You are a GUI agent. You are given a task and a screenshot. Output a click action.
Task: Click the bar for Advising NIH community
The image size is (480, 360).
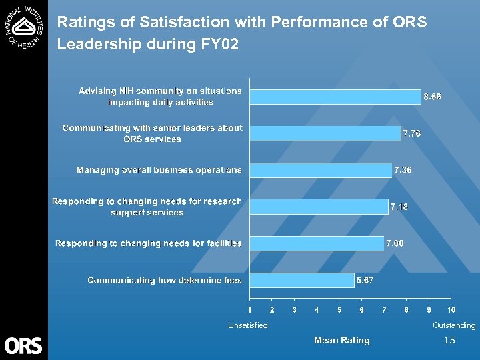(x=335, y=97)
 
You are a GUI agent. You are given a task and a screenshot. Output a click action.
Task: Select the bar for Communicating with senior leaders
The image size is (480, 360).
(x=325, y=133)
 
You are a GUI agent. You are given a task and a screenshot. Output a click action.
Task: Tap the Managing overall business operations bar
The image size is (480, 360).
(x=321, y=170)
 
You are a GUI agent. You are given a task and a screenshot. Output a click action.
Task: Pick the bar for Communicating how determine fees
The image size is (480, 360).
(x=302, y=280)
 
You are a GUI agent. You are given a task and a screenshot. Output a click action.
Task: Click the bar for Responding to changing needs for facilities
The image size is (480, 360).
(x=317, y=243)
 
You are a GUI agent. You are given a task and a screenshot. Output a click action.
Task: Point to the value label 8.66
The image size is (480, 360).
(x=432, y=97)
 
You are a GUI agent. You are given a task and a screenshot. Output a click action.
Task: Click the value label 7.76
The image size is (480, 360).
(x=411, y=133)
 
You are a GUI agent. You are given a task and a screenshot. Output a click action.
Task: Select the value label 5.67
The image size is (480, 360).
(x=365, y=280)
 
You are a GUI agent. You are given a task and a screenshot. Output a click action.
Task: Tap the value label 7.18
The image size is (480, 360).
(x=399, y=207)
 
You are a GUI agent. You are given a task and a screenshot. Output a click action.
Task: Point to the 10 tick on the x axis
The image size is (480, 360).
(x=451, y=310)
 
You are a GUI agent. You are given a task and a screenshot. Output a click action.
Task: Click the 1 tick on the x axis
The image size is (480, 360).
(x=250, y=310)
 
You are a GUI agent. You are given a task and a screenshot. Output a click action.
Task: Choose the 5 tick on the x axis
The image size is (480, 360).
(x=339, y=310)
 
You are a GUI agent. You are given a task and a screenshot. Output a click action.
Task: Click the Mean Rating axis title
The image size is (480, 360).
(x=341, y=340)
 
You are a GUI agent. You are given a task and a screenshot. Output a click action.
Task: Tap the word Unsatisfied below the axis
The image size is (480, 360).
(x=247, y=325)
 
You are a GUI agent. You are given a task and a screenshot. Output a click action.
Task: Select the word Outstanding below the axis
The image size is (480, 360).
(x=454, y=325)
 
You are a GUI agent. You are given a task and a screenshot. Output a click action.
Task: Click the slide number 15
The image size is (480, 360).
(x=449, y=341)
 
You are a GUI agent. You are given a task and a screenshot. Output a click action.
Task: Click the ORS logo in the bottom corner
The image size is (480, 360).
(x=23, y=345)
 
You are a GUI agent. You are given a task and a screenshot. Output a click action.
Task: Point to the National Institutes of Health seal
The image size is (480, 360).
(x=23, y=25)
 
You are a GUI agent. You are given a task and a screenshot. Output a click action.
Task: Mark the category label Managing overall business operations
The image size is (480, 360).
(x=159, y=170)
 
